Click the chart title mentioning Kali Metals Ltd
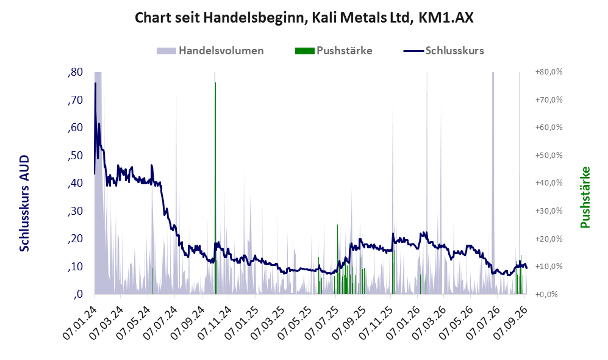point(304,18)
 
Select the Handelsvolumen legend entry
point(210,51)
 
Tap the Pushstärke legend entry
point(334,51)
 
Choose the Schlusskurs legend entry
point(443,51)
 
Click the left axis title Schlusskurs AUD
point(24,203)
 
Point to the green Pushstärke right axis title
point(585,198)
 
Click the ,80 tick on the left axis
point(75,72)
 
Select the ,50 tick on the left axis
point(75,155)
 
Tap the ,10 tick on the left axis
point(75,267)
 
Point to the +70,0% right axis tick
point(549,99)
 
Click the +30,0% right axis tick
point(549,211)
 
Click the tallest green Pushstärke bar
point(216,188)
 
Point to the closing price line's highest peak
point(95,83)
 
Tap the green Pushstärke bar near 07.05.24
point(152,281)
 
